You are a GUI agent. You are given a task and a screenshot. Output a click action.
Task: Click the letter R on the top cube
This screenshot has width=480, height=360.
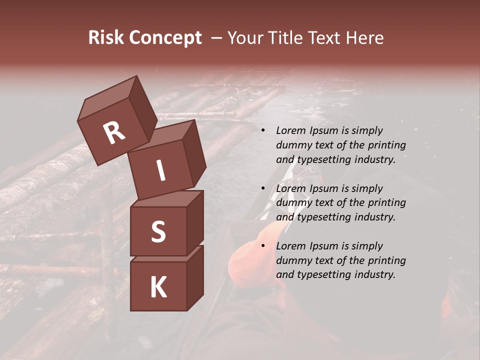tap(114, 133)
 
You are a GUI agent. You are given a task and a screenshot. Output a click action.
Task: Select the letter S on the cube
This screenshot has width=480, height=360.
tap(158, 232)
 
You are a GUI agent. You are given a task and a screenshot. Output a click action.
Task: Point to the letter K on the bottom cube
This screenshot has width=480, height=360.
tap(158, 287)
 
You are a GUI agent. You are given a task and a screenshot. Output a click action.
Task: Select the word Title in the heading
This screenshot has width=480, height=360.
tap(285, 38)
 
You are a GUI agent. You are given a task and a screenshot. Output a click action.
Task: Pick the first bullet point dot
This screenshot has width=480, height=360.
tap(262, 130)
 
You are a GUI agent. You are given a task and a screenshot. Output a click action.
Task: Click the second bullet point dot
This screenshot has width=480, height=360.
tap(262, 188)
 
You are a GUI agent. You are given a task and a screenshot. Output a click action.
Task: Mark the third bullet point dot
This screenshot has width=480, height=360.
tap(262, 246)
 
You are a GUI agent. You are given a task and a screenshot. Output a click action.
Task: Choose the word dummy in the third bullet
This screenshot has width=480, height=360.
tap(293, 260)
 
